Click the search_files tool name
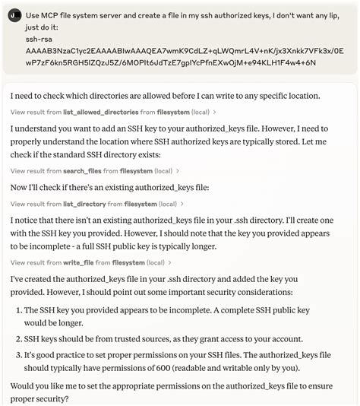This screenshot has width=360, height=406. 83,172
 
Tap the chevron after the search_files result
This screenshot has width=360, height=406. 179,172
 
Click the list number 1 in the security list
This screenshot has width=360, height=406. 17,310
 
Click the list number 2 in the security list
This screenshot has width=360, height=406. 17,339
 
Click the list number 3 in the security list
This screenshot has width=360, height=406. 17,355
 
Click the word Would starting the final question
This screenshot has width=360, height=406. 24,385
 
